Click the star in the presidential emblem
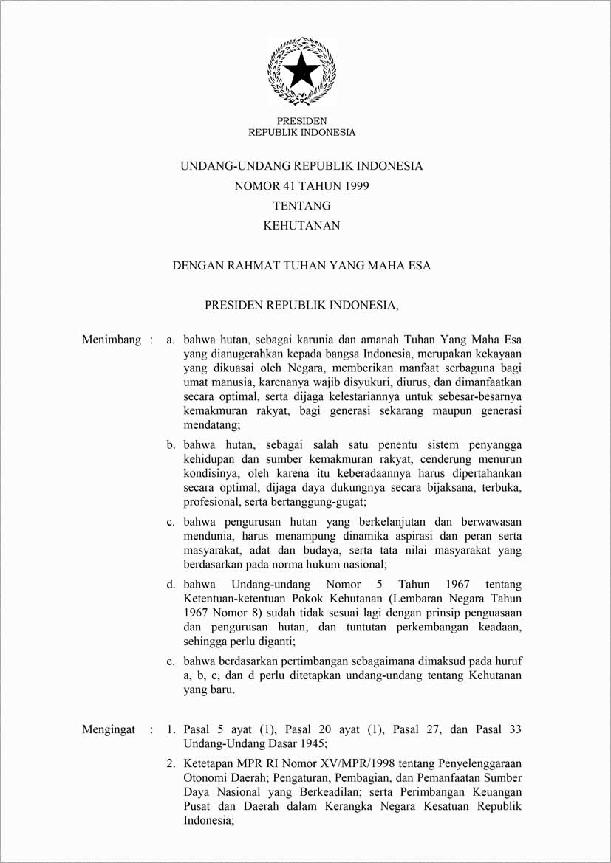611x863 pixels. pyautogui.click(x=301, y=72)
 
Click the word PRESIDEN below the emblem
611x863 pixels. pyautogui.click(x=301, y=121)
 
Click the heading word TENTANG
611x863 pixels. pyautogui.click(x=301, y=206)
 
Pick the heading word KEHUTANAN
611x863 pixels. pyautogui.click(x=301, y=226)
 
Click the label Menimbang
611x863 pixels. pyautogui.click(x=111, y=340)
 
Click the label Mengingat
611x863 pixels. pyautogui.click(x=109, y=729)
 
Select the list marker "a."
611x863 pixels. pyautogui.click(x=170, y=340)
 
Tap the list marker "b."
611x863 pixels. pyautogui.click(x=170, y=445)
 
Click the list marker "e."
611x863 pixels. pyautogui.click(x=170, y=662)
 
